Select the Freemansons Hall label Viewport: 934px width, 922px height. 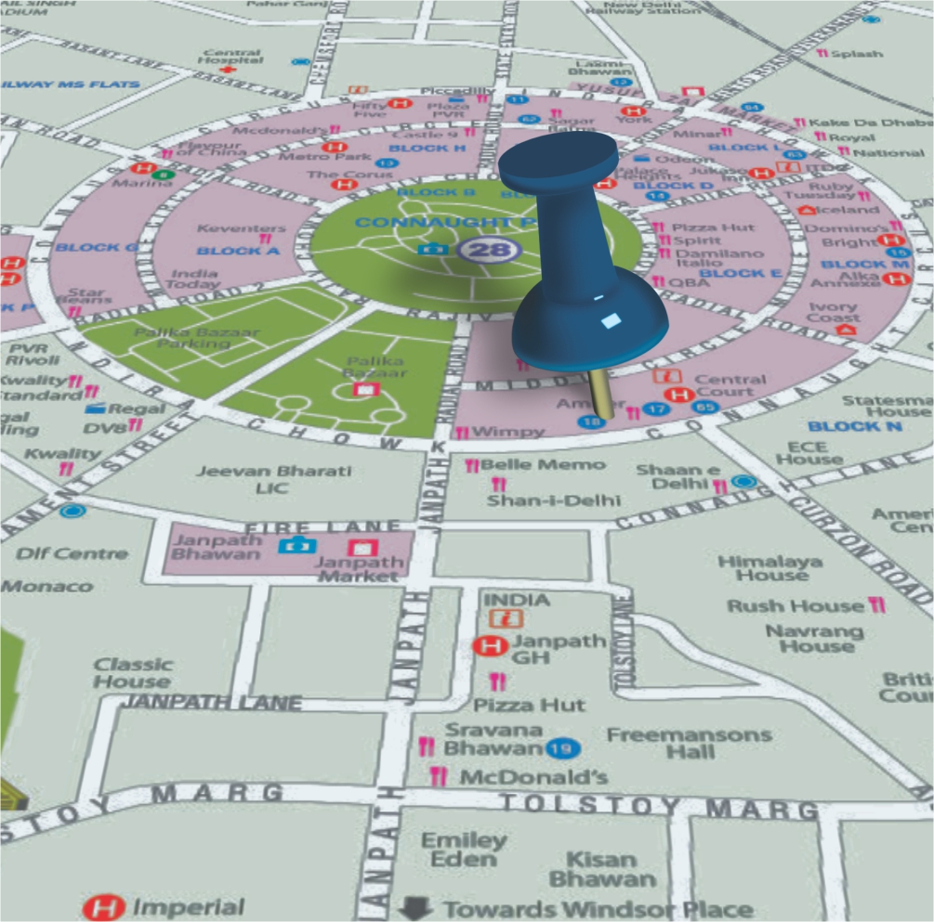(689, 743)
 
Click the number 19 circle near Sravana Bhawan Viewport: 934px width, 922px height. (560, 747)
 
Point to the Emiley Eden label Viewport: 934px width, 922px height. (465, 850)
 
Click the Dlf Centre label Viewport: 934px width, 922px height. (72, 553)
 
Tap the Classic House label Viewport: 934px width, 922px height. (133, 672)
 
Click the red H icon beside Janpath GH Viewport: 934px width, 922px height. (488, 646)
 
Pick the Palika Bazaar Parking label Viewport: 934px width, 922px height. (182, 337)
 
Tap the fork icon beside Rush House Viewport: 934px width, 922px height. (876, 605)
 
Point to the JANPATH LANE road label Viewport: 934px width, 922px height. (213, 703)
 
